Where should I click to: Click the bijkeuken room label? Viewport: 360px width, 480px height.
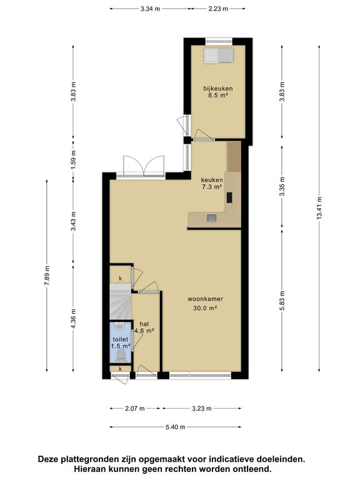218,89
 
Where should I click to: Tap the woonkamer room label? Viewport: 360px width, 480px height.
205,299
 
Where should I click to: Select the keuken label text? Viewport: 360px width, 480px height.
212,180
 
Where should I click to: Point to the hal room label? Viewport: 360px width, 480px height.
144,324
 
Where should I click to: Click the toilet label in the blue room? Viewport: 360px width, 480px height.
120,339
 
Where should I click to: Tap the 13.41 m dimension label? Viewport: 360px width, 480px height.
319,208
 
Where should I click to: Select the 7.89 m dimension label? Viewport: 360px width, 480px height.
47,276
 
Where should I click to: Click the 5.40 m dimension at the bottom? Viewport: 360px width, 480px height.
176,427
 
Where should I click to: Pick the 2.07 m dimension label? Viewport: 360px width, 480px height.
135,408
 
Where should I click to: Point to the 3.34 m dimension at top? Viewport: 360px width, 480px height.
150,9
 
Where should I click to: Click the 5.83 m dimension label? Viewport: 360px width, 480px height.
282,300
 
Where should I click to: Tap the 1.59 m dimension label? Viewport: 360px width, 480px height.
74,159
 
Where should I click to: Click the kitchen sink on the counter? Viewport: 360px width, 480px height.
211,217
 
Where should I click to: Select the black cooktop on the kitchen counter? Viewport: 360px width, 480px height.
229,197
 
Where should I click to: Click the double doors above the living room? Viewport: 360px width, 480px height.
144,166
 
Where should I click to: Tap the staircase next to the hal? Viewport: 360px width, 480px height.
120,301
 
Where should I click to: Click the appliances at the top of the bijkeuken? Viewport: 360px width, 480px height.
219,56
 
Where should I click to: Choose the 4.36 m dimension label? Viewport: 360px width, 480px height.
74,319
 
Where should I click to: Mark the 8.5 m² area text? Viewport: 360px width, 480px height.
217,95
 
